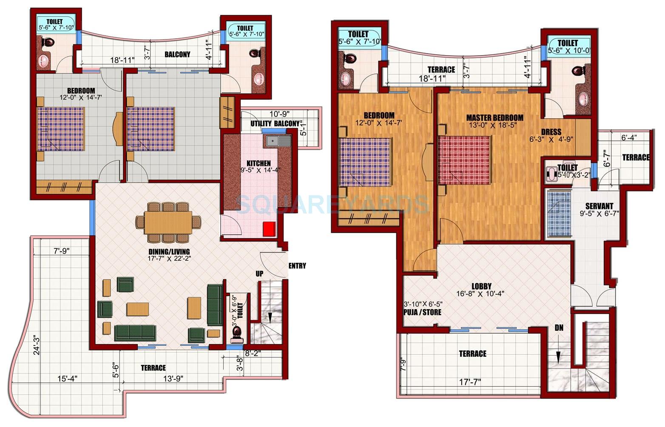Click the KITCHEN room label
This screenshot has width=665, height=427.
pos(259,163)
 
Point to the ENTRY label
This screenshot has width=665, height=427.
pos(297,266)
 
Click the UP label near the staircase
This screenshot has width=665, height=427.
pos(259,274)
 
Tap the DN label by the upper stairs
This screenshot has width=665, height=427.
pos(559,328)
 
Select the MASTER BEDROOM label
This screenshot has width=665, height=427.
pos(494,118)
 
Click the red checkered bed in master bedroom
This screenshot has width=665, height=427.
pos(464,160)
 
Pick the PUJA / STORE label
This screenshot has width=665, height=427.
pos(422,312)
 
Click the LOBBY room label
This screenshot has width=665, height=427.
pos(481,287)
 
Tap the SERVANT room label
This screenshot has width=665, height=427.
pos(599,206)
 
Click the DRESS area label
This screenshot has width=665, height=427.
pos(551,132)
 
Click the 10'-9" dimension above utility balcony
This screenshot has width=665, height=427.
pos(279,114)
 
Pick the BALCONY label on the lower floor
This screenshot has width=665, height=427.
pos(177,54)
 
